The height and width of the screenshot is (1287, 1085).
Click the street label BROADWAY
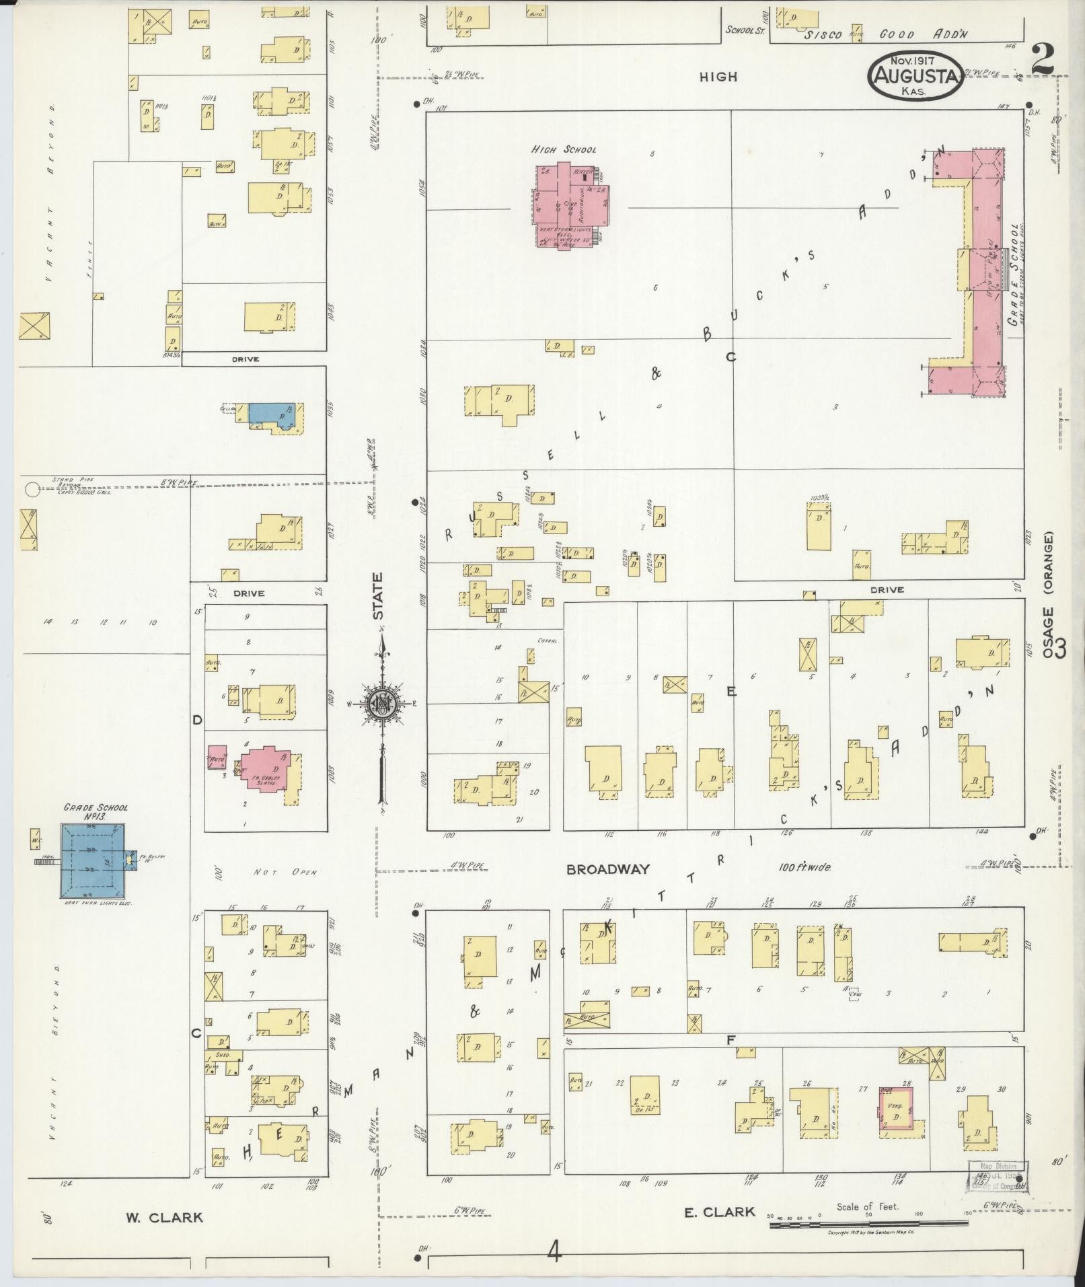point(608,869)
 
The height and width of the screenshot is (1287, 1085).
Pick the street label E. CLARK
point(719,1212)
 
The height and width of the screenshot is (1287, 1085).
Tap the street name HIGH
point(718,77)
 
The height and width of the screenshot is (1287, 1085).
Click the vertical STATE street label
point(378,596)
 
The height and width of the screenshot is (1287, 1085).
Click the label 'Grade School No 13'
point(95,812)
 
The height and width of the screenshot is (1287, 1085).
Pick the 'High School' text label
point(563,149)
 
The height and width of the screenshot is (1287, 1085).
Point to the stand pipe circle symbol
point(32,489)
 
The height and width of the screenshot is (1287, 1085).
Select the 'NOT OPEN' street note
point(285,873)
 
